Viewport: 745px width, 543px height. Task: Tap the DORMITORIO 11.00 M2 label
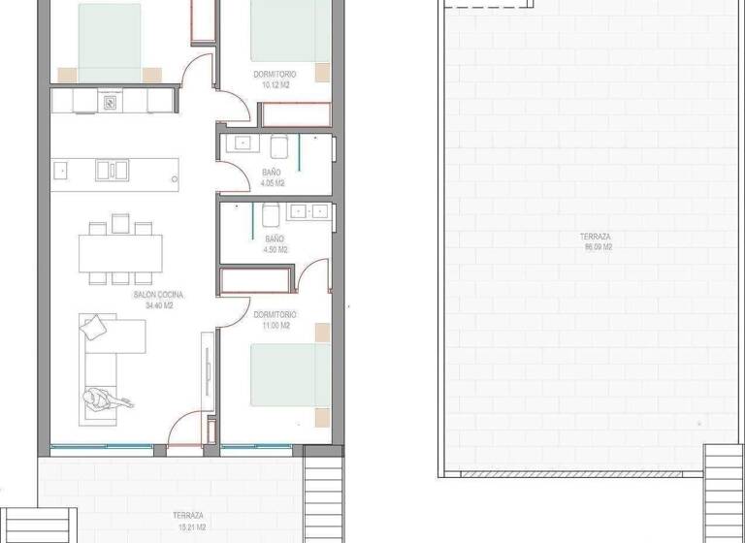275,320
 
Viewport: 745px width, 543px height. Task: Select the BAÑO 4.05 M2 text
273,177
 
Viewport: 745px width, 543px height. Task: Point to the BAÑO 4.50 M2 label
275,243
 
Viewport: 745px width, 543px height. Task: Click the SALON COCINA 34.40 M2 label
158,300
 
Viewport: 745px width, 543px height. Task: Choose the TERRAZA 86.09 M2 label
597,241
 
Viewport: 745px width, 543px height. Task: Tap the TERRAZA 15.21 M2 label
188,520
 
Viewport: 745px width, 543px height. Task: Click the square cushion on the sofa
93,329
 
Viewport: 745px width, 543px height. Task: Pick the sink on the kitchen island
112,170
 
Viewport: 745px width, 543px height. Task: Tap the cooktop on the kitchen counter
111,100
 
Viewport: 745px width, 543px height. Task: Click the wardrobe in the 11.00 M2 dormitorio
256,280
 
